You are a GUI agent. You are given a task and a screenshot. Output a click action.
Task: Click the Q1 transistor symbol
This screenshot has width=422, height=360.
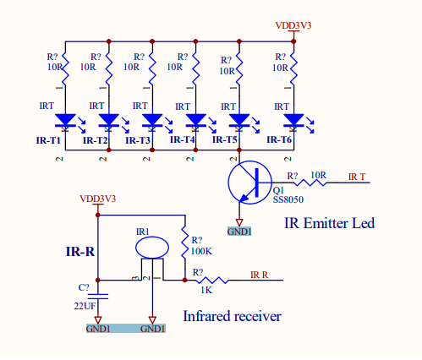point(249,183)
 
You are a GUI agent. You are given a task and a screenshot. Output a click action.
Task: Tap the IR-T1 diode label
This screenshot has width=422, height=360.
point(48,140)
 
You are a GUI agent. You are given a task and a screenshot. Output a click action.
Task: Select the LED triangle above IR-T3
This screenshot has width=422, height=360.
point(152,120)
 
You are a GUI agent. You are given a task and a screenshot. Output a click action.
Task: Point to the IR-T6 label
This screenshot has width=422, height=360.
point(279,139)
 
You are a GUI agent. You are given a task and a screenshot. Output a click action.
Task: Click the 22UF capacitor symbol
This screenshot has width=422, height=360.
point(98,296)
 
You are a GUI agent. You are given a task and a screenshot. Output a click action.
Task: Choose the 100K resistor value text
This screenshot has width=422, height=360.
point(201,251)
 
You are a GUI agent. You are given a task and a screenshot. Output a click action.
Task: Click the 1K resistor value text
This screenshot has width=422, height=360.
point(206,290)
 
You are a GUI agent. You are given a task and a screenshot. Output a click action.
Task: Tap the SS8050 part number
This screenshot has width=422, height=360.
point(288,199)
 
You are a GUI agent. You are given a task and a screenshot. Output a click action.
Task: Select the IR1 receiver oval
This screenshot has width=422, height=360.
point(152,248)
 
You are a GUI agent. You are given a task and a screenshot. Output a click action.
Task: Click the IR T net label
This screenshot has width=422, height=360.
point(357,177)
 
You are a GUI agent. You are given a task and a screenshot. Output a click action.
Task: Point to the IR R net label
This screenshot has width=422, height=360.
point(259,275)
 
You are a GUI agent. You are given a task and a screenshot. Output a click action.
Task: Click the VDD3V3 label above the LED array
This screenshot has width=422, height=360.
point(293,25)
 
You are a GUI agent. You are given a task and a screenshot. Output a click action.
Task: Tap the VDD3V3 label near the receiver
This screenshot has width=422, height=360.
point(98,199)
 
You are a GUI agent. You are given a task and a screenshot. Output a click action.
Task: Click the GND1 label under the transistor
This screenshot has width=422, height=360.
point(239,232)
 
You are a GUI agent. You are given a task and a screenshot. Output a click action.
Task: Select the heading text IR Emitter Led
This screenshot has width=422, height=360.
point(329,223)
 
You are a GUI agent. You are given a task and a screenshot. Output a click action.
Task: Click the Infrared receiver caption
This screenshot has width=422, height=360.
point(232,316)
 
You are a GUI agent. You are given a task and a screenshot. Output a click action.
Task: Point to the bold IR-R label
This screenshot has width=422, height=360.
point(80,251)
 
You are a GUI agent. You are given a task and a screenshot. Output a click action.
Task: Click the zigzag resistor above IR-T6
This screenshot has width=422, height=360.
point(293,68)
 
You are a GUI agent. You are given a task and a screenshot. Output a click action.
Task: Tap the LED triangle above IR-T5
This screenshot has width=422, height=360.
point(239,120)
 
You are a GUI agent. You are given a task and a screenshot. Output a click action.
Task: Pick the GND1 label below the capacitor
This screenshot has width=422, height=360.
point(98,329)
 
